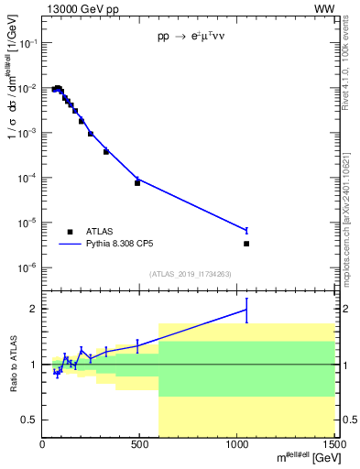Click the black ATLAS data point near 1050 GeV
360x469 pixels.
246,244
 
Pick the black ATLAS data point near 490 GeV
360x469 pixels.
137,182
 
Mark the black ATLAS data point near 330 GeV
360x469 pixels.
106,151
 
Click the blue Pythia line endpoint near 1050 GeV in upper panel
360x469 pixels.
246,230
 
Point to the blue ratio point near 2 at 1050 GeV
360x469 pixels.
246,310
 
